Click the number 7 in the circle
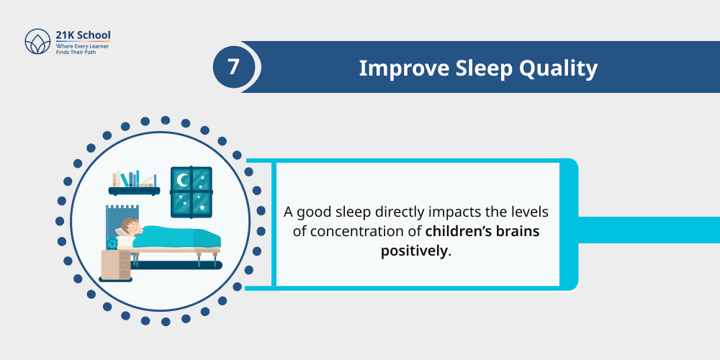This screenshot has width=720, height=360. (x=233, y=68)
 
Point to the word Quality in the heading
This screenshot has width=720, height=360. (x=562, y=68)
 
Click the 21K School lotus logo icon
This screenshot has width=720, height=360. (x=37, y=42)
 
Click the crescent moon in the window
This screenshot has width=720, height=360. (x=183, y=179)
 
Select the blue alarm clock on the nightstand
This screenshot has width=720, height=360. (x=112, y=243)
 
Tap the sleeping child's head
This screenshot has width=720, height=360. (x=130, y=226)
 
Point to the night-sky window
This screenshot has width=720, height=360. (x=192, y=192)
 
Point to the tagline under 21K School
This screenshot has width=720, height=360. (x=83, y=50)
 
